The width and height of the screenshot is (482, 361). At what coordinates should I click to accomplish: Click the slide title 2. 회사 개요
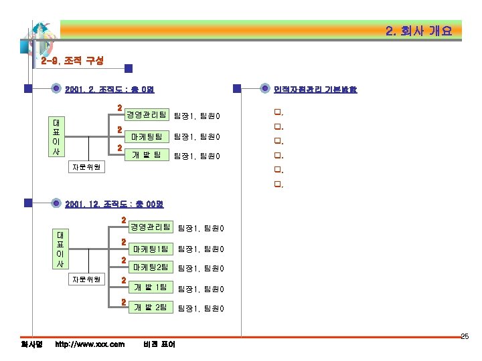tap(419, 31)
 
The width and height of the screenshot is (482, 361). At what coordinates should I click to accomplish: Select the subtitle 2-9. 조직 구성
tap(72, 61)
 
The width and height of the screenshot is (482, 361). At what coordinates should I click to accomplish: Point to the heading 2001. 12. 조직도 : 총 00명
tap(114, 204)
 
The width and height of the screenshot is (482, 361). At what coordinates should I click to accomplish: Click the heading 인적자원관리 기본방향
tap(316, 89)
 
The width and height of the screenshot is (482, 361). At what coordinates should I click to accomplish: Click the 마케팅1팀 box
tap(150, 249)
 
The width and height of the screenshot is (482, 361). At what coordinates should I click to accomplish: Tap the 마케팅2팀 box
tap(150, 268)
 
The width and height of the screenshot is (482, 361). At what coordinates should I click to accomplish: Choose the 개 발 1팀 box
tap(150, 288)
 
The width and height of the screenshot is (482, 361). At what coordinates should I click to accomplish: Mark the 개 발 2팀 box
tap(150, 308)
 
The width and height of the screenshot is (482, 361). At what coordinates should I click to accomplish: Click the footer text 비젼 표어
tap(159, 344)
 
